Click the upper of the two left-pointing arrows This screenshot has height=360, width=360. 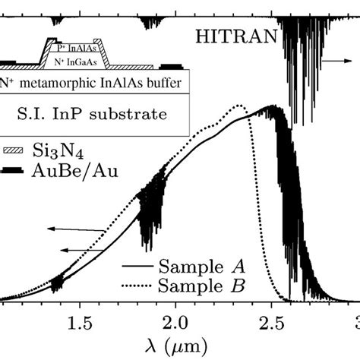point(81,229)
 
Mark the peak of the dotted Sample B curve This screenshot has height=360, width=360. point(239,106)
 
